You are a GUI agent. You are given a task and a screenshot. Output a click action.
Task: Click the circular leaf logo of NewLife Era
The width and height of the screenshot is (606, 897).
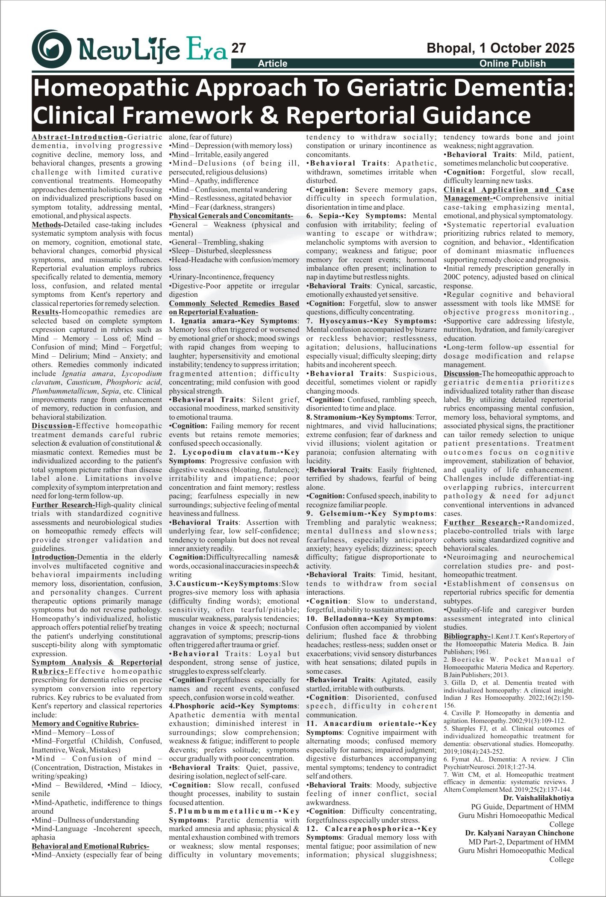pos(52,49)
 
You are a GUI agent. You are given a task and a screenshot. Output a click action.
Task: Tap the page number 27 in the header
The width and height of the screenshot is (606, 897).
pos(238,48)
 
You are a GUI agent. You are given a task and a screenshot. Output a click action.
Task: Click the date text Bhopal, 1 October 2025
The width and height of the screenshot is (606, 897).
pos(500,48)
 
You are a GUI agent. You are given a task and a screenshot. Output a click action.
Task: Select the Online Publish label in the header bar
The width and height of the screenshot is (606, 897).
pos(512,64)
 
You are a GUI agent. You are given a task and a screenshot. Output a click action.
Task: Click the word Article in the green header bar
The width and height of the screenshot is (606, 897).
pos(272,64)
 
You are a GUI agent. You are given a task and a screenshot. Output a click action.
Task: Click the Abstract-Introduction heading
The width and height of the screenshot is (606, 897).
pos(78,137)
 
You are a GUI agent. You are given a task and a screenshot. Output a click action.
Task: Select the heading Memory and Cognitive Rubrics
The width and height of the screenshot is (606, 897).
pos(85,724)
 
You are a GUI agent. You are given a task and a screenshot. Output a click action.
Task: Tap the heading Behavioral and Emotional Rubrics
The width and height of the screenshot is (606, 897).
pos(90,846)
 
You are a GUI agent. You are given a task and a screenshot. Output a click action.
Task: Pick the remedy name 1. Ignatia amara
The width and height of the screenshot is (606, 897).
pos(202,321)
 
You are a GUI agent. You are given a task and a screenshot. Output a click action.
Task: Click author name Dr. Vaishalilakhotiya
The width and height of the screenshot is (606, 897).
pos(538,798)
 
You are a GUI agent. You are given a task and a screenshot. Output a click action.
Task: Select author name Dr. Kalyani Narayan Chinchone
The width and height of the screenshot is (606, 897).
pos(519,833)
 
